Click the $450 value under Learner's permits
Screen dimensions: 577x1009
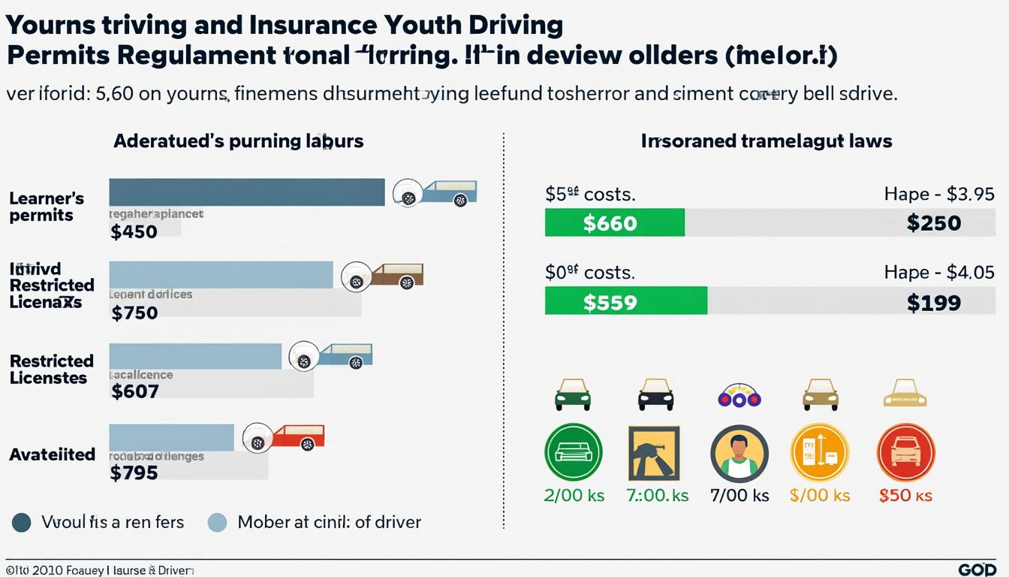(134, 231)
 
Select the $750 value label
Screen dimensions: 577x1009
(134, 313)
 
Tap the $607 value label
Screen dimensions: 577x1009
(134, 391)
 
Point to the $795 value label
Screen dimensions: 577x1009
(134, 473)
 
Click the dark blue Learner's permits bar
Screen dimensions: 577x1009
(246, 192)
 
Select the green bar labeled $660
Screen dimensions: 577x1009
(614, 223)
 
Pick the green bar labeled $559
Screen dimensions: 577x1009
(625, 302)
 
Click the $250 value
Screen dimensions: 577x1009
(933, 223)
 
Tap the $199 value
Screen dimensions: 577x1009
(933, 302)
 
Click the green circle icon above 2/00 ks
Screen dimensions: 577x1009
(573, 452)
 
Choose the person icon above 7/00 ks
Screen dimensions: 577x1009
(739, 452)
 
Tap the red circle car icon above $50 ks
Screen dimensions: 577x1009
(905, 452)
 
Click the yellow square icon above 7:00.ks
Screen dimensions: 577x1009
(653, 452)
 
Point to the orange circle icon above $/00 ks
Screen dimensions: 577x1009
(819, 452)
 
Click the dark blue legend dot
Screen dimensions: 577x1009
(22, 522)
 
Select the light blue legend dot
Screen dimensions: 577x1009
(216, 522)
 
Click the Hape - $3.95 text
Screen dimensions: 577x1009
(939, 194)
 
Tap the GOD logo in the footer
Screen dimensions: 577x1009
(977, 569)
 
